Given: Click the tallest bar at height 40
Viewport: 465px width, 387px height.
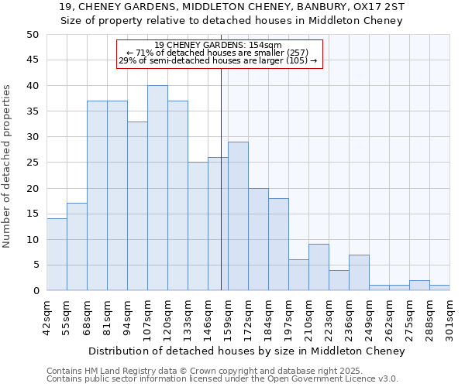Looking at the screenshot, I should (x=157, y=188).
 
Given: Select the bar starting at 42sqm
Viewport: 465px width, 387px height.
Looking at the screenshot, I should (x=57, y=255).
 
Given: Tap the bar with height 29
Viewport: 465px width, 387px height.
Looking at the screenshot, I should (x=238, y=217).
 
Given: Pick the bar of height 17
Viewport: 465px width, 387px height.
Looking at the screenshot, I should (x=77, y=247).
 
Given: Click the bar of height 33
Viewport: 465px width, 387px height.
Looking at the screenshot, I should (x=137, y=206).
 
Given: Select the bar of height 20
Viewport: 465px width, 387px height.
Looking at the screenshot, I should (x=258, y=239).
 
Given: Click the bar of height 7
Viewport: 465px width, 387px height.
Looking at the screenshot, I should (x=359, y=272).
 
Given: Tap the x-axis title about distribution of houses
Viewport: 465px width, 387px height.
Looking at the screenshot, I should (x=246, y=351).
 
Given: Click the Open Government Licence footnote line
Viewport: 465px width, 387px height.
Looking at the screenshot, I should (x=222, y=379).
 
